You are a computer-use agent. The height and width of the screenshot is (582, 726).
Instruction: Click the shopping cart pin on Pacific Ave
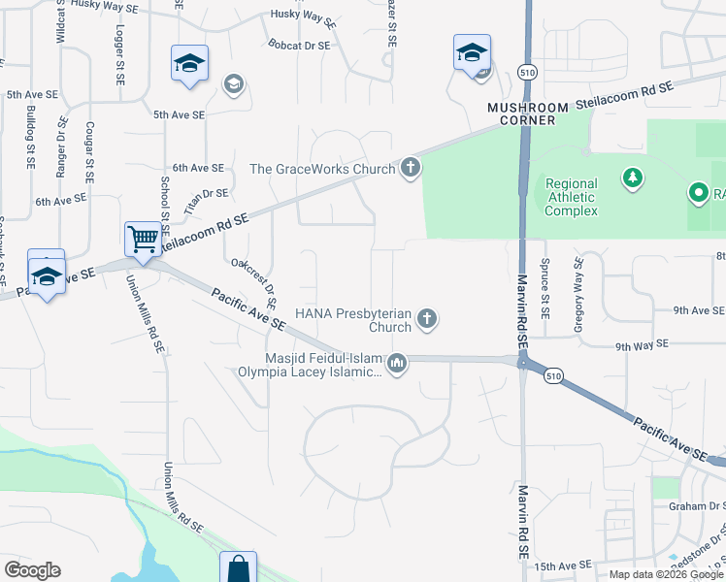pyautogui.click(x=143, y=238)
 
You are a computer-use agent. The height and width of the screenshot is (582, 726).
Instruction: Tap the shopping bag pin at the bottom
pyautogui.click(x=238, y=569)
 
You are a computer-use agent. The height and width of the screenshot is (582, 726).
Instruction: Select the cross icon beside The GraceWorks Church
pyautogui.click(x=411, y=169)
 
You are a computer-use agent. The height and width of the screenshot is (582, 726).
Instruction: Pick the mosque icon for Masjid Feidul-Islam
pyautogui.click(x=396, y=364)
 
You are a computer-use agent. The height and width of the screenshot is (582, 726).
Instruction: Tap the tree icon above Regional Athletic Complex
pyautogui.click(x=633, y=178)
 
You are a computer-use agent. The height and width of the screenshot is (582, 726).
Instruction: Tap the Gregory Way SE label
pyautogui.click(x=578, y=296)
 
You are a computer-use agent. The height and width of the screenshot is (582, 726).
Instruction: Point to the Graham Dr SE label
pyautogui.click(x=697, y=505)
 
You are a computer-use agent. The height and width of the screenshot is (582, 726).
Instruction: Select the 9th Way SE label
pyautogui.click(x=643, y=344)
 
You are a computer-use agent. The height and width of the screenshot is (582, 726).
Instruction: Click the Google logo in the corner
pyautogui.click(x=32, y=570)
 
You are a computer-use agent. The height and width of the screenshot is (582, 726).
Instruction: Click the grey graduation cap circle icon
pyautogui.click(x=233, y=84)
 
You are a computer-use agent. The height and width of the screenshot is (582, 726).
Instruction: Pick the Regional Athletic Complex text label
pyautogui.click(x=571, y=197)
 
